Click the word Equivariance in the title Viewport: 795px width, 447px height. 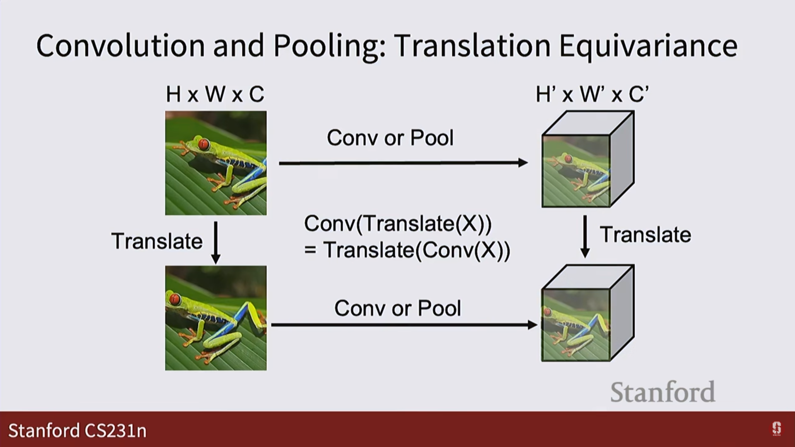pos(648,46)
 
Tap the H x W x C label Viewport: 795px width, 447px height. pos(215,94)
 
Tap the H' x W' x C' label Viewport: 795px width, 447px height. pos(592,94)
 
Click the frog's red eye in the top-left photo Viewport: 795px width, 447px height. pos(203,144)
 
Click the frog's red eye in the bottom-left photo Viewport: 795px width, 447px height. pos(175,299)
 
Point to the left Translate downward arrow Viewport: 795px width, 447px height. pos(215,242)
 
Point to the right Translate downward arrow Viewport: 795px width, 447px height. pos(585,236)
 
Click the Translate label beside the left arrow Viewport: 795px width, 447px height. pos(157,241)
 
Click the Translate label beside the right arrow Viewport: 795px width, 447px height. pos(645,235)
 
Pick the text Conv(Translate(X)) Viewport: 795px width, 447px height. pos(397,224)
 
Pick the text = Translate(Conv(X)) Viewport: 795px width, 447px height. pos(407,250)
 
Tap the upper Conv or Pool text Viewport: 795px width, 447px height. pos(390,138)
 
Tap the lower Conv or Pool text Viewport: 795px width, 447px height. pos(397,308)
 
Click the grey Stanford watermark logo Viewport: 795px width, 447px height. pos(662,392)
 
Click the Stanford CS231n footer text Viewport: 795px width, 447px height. pos(77,430)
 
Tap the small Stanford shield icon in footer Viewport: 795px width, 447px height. pos(776,429)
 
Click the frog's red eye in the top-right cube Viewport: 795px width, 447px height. pos(569,159)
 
